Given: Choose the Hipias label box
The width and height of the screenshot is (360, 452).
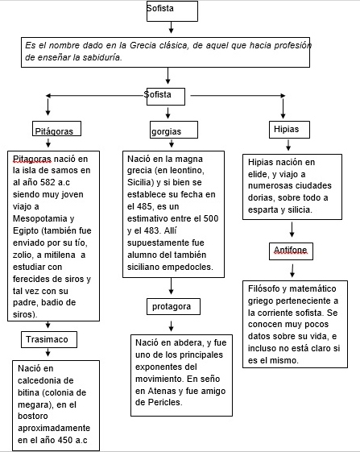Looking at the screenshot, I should coord(291,130).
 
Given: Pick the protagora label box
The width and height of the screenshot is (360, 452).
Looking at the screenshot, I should coord(176,307).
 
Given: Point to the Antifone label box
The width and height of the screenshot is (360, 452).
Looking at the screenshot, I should coord(290,253).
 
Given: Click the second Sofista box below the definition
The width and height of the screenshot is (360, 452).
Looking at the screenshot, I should coord(164,96).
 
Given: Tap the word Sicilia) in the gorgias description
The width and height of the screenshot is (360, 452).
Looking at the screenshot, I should coord(143,183).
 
